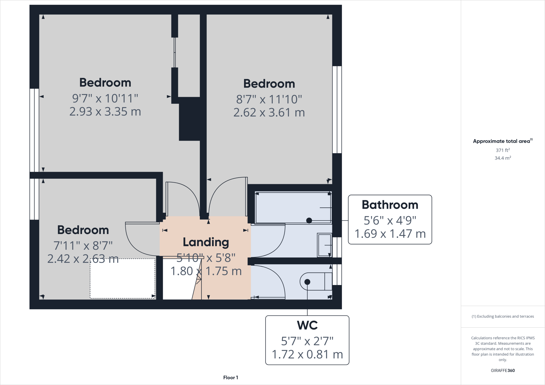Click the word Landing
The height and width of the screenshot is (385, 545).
206,242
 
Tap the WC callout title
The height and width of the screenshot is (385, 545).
307,325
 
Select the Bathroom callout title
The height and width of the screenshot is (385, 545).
390,205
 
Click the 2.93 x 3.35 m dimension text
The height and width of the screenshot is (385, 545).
105,112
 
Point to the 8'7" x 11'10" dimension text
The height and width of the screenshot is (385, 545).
269,99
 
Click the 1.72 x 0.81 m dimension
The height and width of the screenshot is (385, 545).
307,354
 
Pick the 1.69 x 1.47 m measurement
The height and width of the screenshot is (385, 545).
390,234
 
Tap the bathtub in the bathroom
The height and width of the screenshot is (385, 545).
293,207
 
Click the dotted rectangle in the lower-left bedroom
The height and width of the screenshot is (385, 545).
122,278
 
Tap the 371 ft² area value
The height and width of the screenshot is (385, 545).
502,150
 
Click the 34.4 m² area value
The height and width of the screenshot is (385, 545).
502,158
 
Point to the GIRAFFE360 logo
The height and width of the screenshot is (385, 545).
502,370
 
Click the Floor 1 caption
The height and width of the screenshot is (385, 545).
230,378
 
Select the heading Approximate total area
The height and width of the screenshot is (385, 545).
502,141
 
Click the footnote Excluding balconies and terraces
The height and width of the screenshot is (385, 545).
502,316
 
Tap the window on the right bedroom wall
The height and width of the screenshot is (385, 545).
337,110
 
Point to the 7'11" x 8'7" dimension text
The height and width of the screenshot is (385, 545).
83,246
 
